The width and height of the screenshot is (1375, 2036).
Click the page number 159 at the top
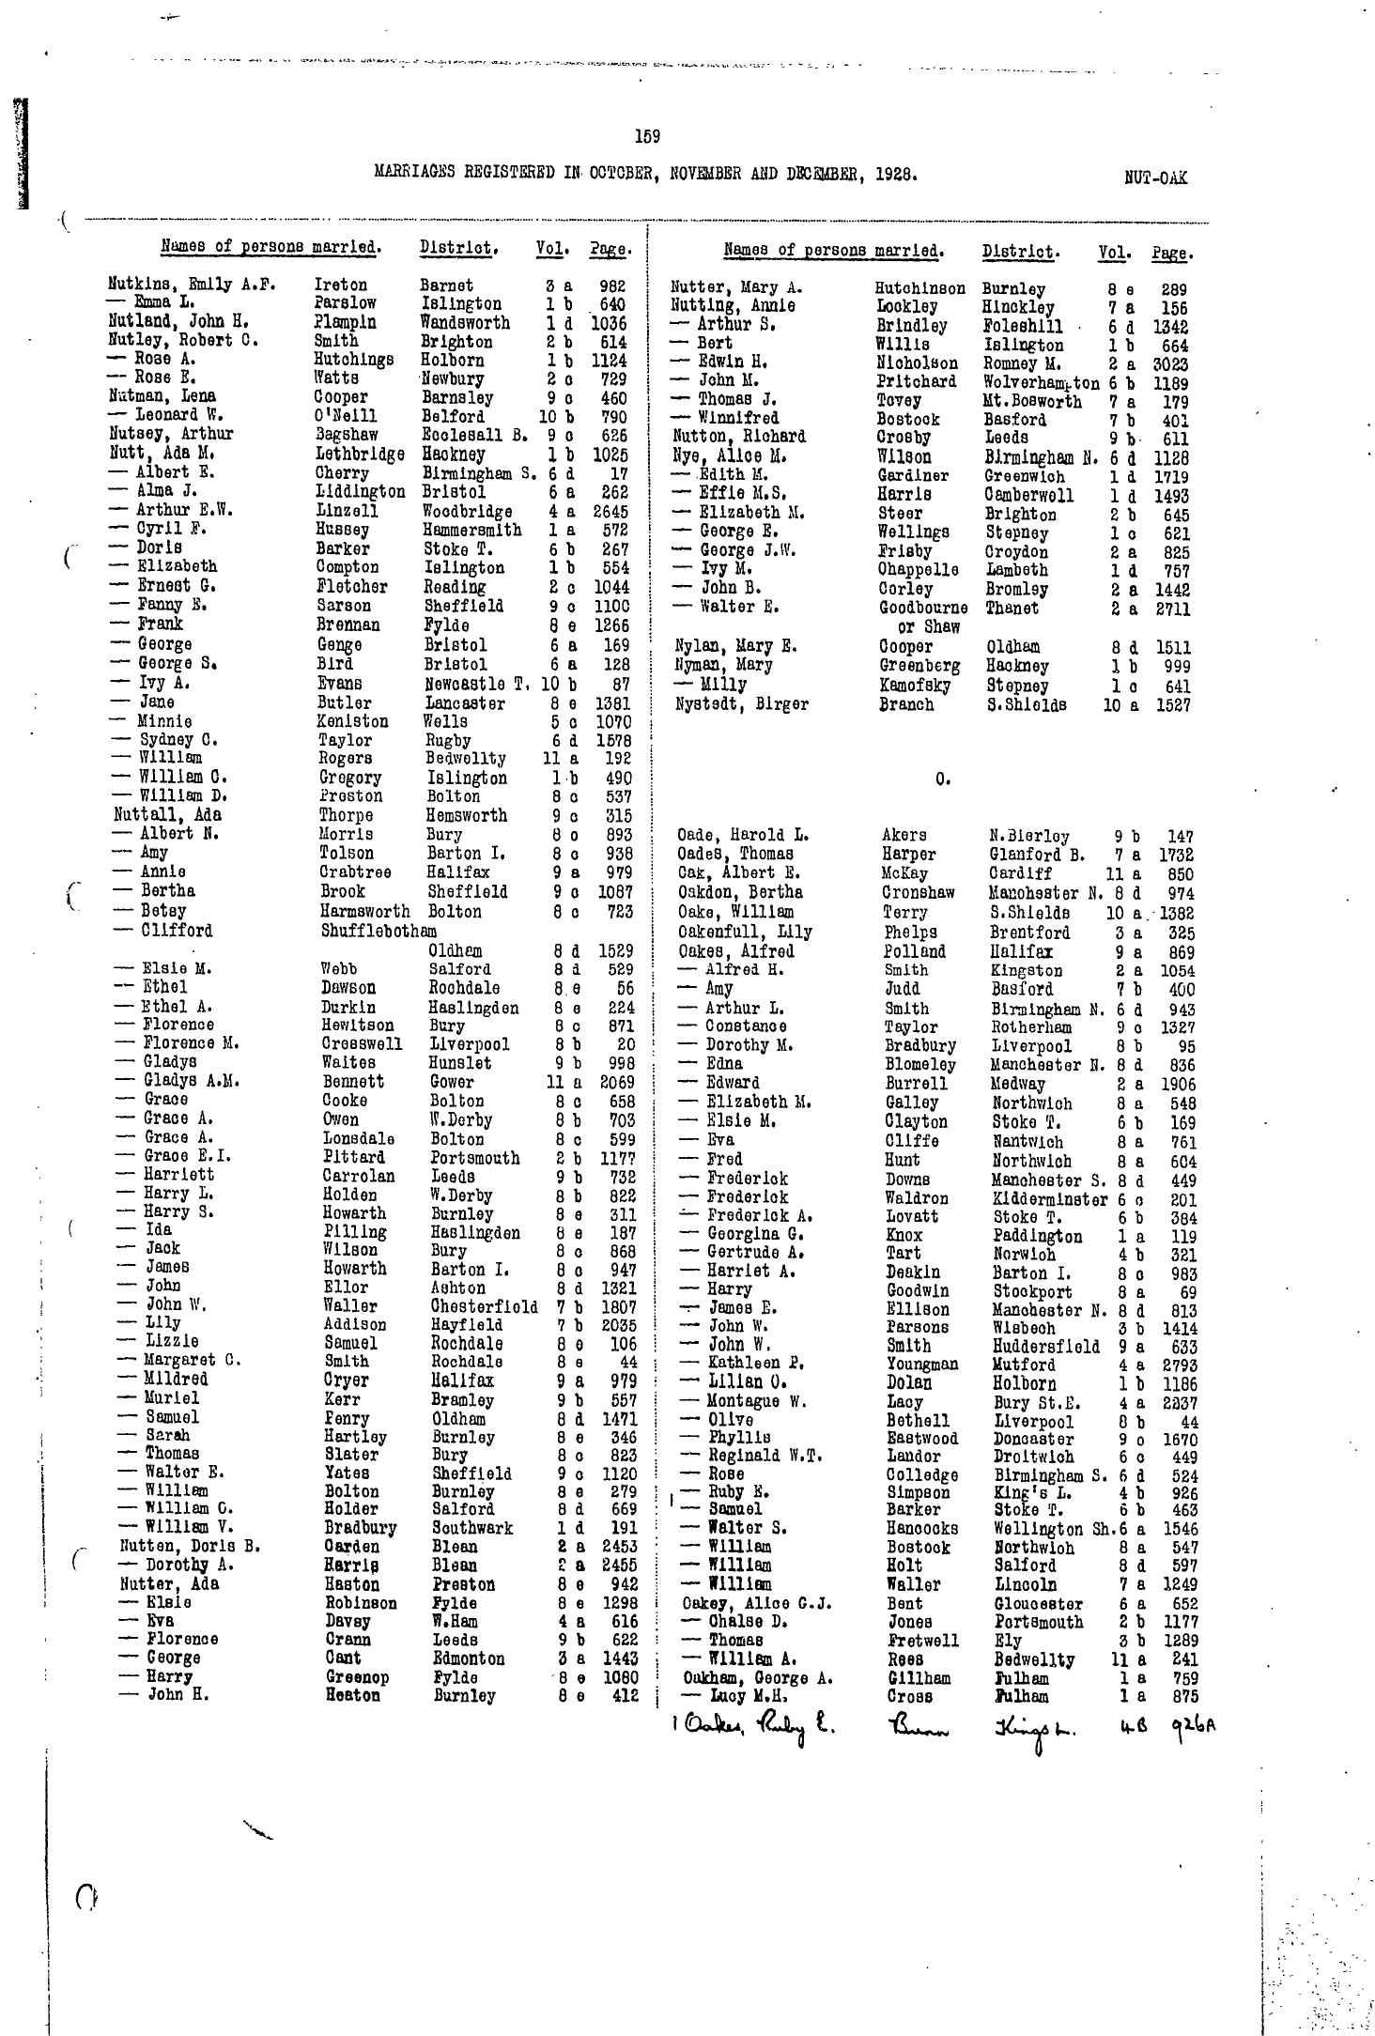coord(647,137)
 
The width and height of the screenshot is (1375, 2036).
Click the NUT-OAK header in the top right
coord(1154,177)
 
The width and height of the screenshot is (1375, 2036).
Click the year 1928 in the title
coord(893,174)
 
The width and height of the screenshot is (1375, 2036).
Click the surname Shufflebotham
coord(379,931)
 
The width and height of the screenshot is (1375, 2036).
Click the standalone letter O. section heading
coord(940,779)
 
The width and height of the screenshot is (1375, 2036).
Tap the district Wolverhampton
coord(1041,383)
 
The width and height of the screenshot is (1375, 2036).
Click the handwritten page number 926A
coord(1192,1724)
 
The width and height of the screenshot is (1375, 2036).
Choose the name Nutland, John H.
coord(178,322)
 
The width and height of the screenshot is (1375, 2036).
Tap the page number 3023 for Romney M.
coord(1170,364)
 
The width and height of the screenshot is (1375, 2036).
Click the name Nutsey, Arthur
coord(170,434)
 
